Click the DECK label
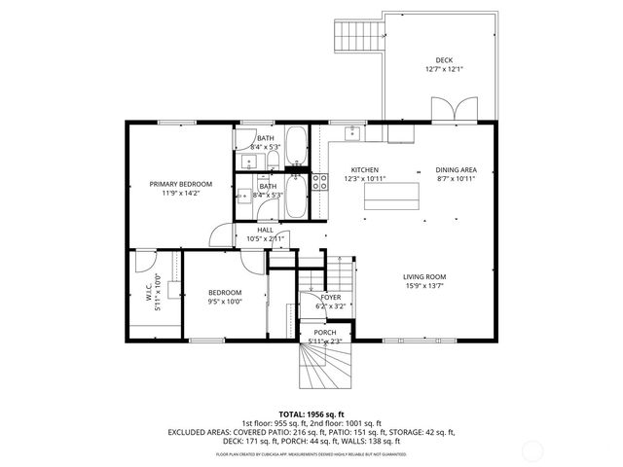[444, 60]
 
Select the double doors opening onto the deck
[454, 109]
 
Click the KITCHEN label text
[365, 169]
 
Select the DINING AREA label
[456, 169]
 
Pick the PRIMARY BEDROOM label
[180, 184]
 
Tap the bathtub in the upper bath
[296, 147]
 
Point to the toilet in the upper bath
[274, 159]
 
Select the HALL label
[265, 230]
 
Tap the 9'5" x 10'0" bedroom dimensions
[225, 302]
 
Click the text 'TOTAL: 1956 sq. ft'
[311, 413]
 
